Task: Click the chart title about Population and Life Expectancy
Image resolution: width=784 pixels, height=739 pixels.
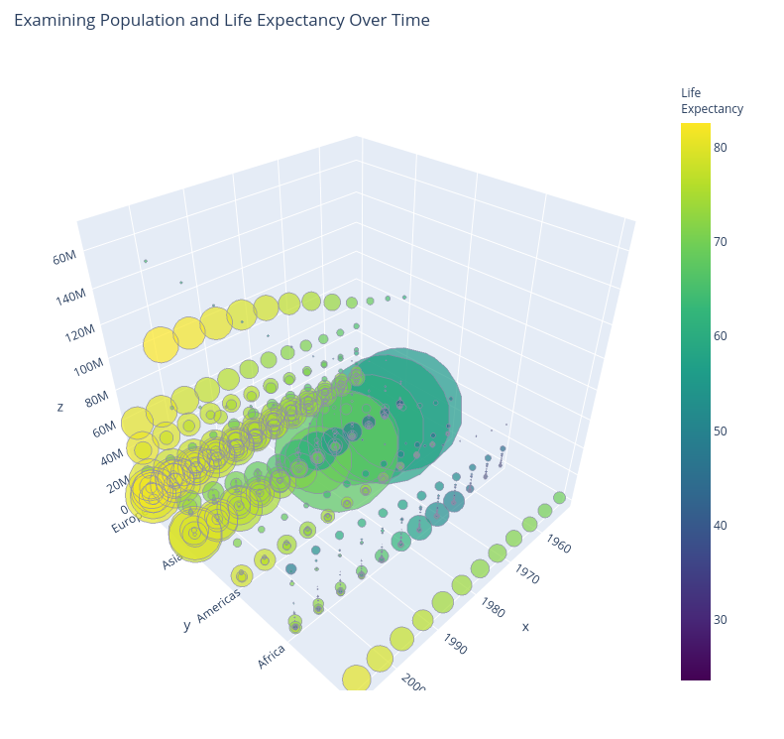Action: coord(222,21)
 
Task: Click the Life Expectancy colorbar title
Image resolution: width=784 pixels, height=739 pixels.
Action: coord(712,101)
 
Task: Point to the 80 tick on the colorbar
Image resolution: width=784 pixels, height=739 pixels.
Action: coord(721,147)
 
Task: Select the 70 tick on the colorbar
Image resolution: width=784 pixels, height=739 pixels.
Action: coord(721,241)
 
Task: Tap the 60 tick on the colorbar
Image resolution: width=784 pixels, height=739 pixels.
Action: coord(721,336)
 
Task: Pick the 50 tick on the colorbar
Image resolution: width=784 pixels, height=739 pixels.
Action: coord(721,431)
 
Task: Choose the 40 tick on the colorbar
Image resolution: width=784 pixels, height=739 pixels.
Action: coord(721,525)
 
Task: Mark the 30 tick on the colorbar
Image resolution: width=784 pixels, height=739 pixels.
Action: coord(721,620)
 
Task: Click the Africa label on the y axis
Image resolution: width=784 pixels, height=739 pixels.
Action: coord(272,656)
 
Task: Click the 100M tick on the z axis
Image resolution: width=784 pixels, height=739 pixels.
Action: coord(89,368)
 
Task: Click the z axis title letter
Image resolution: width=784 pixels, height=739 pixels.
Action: coord(60,407)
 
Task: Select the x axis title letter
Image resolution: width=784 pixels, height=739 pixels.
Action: coord(525,627)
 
